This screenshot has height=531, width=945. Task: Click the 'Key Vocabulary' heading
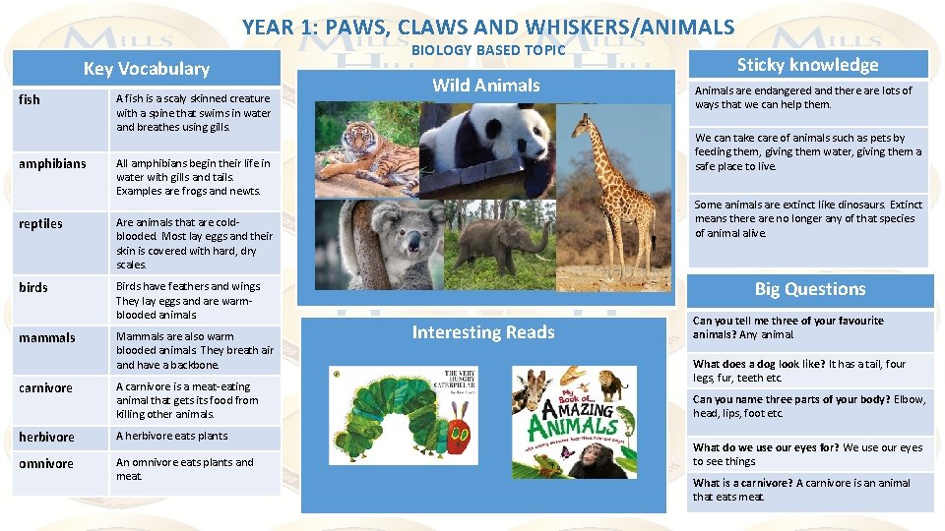click(x=146, y=68)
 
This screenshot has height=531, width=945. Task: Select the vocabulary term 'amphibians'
click(x=52, y=163)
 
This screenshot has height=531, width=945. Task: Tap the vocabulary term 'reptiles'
click(x=40, y=223)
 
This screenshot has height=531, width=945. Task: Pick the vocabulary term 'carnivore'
click(x=45, y=387)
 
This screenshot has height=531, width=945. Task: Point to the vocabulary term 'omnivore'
click(x=45, y=463)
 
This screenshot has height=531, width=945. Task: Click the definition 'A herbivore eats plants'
click(x=171, y=436)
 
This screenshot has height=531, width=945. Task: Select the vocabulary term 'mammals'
click(x=46, y=337)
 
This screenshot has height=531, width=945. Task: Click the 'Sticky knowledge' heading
click(x=807, y=65)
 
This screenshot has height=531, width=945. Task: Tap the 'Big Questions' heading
click(x=809, y=289)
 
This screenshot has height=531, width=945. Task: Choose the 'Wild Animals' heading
click(x=486, y=86)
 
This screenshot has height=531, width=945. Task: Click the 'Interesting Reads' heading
click(x=482, y=332)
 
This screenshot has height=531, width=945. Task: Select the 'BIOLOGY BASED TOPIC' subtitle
click(x=488, y=50)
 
